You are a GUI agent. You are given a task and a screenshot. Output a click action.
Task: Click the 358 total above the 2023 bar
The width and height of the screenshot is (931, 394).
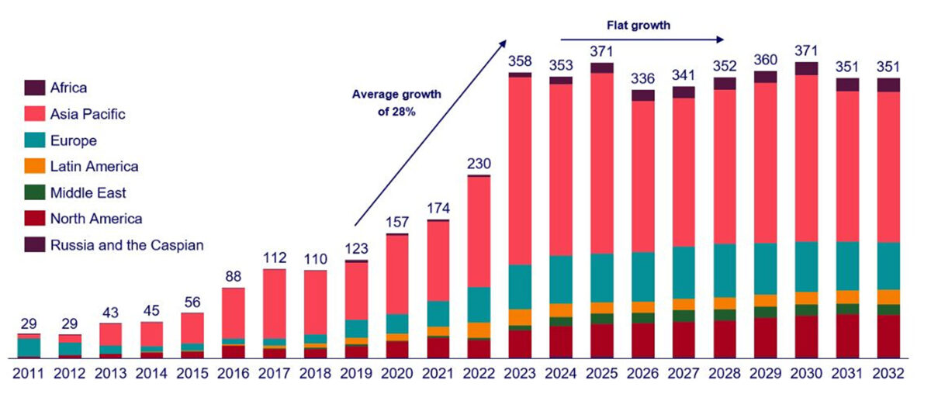coord(520,60)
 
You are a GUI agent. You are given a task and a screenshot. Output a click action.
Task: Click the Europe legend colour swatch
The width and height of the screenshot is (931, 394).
coord(35,140)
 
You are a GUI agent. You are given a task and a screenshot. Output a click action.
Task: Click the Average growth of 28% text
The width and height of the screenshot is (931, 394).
coord(396,102)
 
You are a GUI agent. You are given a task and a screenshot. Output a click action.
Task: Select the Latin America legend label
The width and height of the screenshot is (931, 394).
coord(94,167)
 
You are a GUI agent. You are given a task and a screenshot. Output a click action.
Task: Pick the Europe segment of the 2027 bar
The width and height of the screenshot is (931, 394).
coord(684,272)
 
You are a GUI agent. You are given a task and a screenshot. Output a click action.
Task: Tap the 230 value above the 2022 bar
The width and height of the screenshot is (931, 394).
coord(478,163)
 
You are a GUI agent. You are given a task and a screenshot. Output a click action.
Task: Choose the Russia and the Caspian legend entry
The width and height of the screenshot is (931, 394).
coord(126,246)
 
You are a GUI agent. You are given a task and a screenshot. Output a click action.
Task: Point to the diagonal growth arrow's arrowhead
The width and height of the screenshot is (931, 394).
coord(504,43)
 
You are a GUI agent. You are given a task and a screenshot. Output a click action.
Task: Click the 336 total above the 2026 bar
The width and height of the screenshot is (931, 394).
coord(642,78)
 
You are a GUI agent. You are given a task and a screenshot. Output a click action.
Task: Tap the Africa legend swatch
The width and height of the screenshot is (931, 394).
coord(35,88)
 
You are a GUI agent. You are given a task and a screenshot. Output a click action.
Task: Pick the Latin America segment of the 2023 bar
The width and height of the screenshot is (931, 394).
coord(520,316)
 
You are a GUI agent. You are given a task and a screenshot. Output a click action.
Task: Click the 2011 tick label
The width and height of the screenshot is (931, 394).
coord(28,373)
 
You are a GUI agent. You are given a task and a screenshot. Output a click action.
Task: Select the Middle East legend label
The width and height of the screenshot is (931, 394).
coord(88,193)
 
